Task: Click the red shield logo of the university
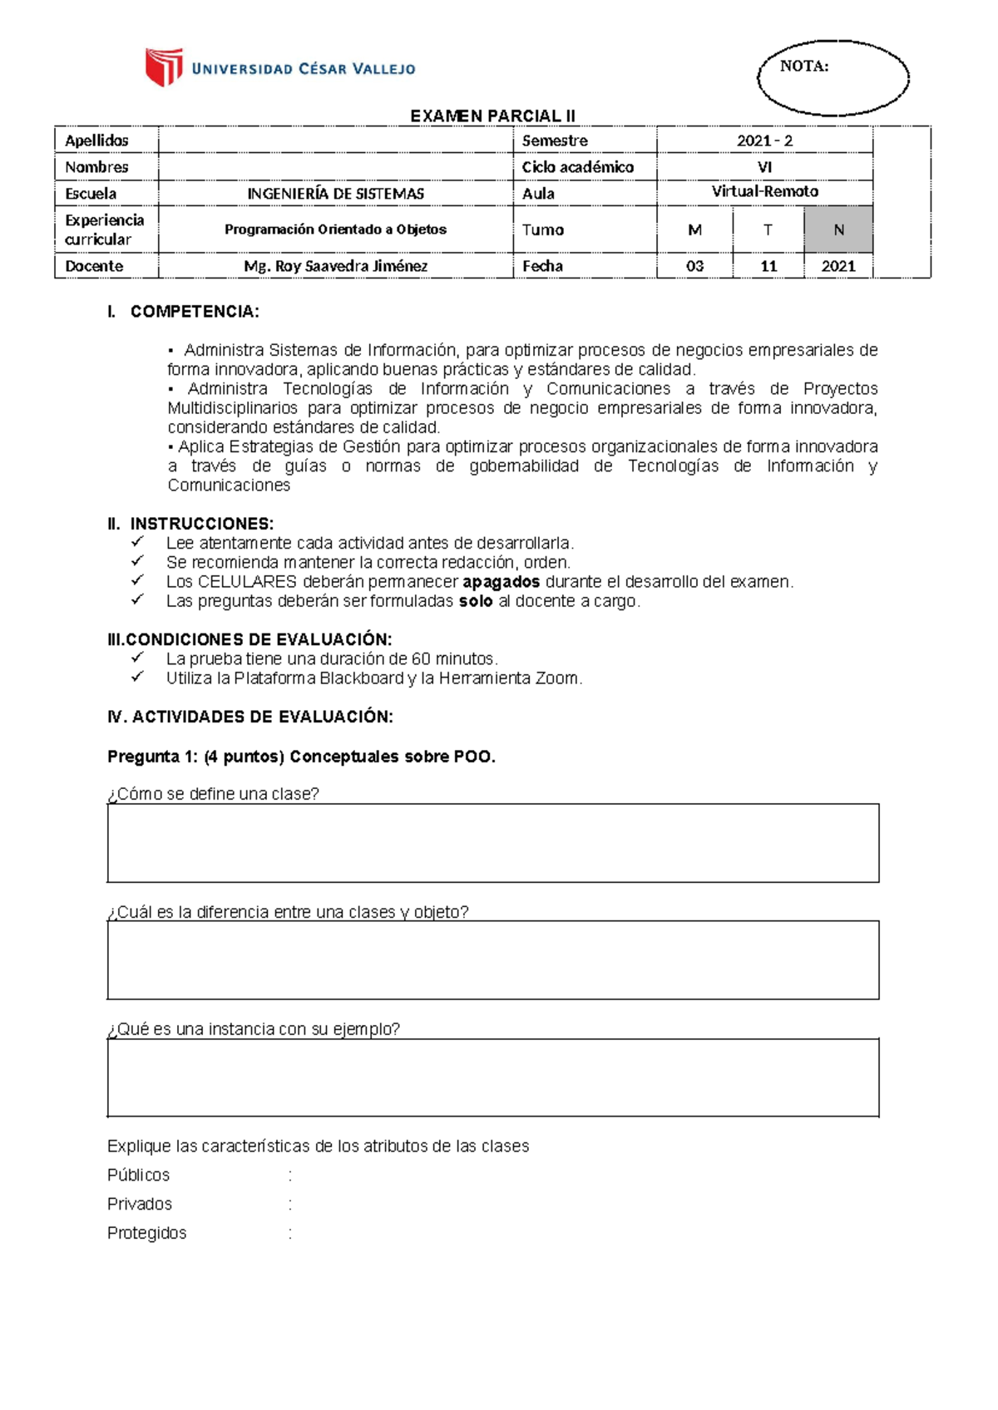(164, 67)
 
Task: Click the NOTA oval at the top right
(832, 76)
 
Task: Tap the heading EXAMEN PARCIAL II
(492, 116)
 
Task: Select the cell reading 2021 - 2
(764, 141)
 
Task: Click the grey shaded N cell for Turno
(838, 230)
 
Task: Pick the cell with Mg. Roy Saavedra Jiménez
(335, 266)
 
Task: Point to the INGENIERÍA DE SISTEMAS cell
(335, 194)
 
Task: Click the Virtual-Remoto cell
(764, 192)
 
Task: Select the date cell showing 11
(768, 266)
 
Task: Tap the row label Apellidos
(97, 141)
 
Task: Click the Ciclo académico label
(577, 167)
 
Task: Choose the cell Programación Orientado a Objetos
(335, 229)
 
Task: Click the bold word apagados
(501, 582)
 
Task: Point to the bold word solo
(476, 601)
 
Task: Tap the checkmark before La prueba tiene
(137, 658)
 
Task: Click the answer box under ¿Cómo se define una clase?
(492, 843)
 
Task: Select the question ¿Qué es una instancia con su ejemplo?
(254, 1029)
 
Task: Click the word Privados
(140, 1204)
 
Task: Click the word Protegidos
(146, 1233)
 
